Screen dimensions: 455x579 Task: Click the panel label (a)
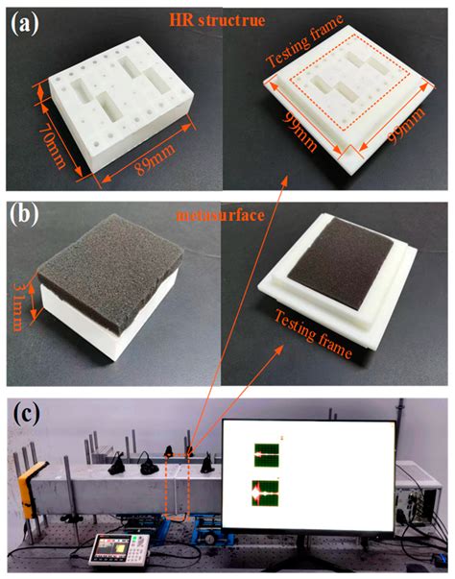click(24, 24)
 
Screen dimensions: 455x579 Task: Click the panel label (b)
click(24, 214)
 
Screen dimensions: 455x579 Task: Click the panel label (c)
click(27, 414)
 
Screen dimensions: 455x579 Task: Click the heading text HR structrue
click(217, 20)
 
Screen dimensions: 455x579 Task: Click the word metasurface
click(221, 214)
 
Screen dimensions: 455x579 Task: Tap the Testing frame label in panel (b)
click(313, 334)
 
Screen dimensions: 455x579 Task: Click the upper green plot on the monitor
click(267, 455)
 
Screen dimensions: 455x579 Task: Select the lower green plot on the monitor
click(265, 493)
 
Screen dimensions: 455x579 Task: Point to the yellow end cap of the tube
click(30, 488)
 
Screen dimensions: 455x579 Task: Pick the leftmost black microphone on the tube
click(118, 463)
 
